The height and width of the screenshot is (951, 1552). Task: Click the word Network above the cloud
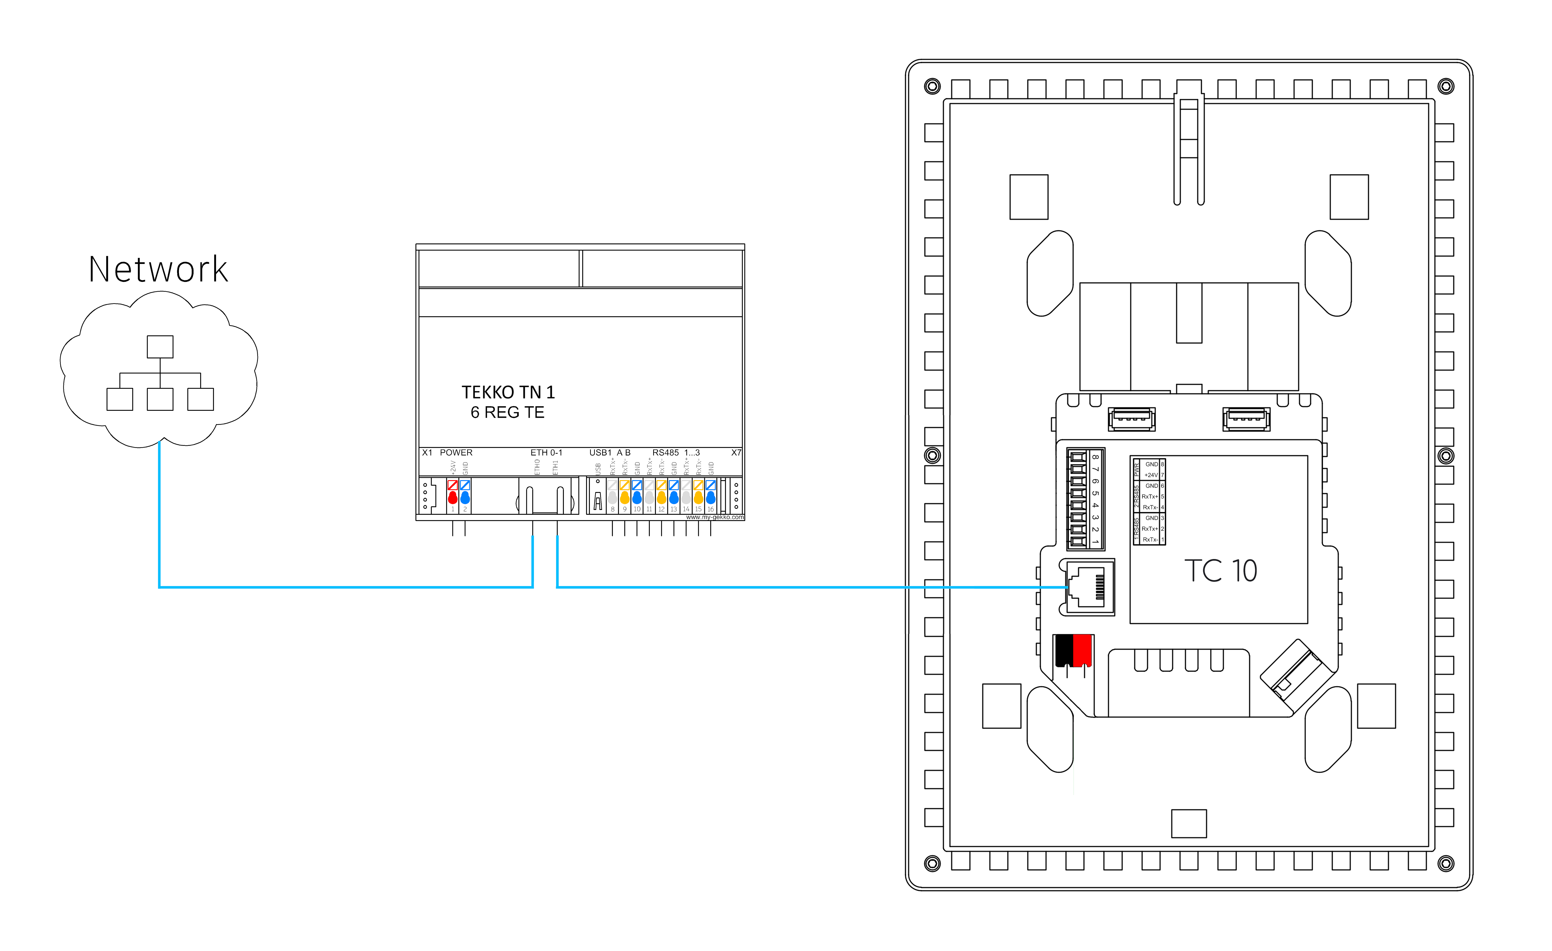click(x=158, y=270)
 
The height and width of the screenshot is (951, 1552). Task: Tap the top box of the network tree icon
click(x=160, y=346)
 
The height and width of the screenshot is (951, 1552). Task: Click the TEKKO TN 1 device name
click(x=508, y=392)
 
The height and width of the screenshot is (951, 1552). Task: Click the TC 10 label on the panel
click(x=1220, y=571)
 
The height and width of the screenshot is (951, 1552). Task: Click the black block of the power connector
click(x=1064, y=650)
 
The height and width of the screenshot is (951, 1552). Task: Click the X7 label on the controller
click(x=736, y=452)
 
